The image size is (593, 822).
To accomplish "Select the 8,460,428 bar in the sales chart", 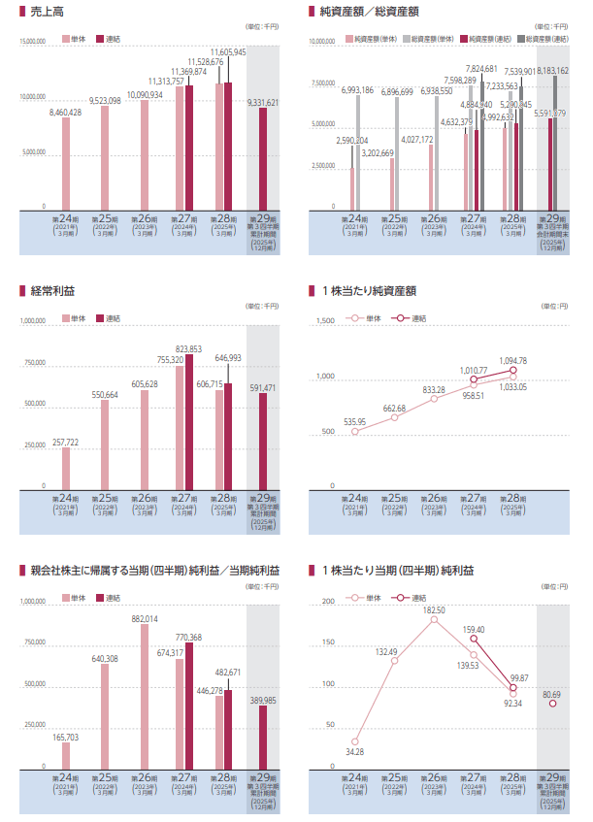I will click(66, 163).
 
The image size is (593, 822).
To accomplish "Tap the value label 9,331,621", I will click(263, 102).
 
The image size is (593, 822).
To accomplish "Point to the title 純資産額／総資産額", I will click(370, 13).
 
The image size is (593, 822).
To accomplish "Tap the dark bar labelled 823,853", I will click(188, 420).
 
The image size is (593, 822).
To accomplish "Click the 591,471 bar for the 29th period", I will click(262, 439).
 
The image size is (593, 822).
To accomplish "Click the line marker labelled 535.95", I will click(355, 431).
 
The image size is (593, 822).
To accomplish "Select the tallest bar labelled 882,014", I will click(145, 694).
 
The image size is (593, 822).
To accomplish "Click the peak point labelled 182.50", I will click(435, 618).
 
